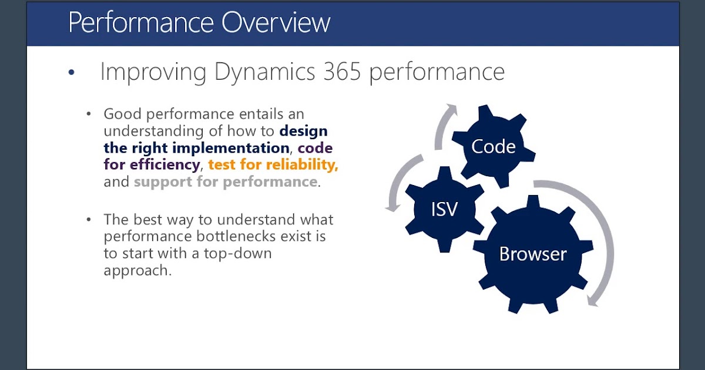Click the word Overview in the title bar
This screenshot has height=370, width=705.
(x=276, y=22)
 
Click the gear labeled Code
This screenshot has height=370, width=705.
(x=493, y=147)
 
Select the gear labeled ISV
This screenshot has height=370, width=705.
(x=444, y=209)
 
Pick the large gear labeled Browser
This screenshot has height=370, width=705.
(x=533, y=254)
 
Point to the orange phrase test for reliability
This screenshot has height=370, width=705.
(x=274, y=164)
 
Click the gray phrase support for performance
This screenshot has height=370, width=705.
(x=226, y=181)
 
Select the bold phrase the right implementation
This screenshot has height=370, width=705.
(x=196, y=147)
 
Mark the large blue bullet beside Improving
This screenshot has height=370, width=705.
(x=72, y=73)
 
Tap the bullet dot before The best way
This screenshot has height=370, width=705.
(x=89, y=220)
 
